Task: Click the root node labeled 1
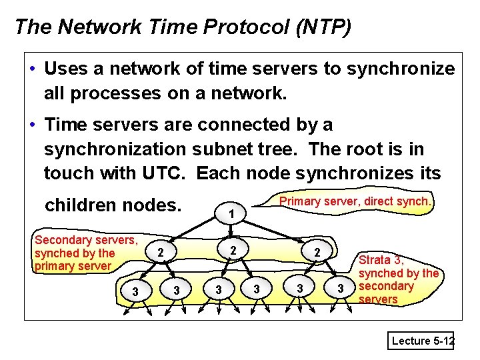click(x=229, y=215)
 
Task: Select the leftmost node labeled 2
click(x=160, y=252)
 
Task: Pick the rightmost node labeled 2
click(x=318, y=253)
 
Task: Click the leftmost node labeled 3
click(x=135, y=291)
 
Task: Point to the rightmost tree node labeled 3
click(x=341, y=288)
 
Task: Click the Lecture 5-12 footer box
click(x=422, y=341)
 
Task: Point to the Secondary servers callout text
click(x=86, y=253)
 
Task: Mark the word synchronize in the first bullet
click(x=398, y=69)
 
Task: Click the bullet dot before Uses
click(x=32, y=69)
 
